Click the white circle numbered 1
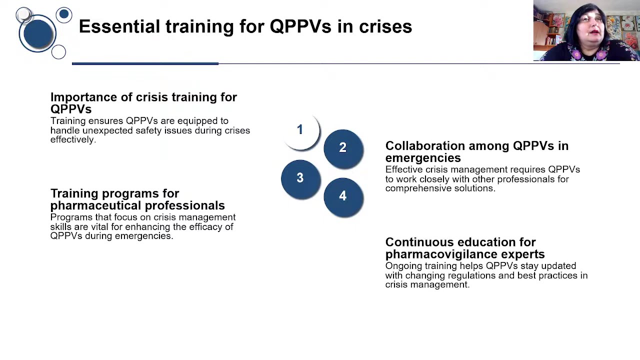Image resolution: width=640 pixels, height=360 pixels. coord(300,130)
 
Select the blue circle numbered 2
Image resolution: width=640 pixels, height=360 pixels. coord(343,148)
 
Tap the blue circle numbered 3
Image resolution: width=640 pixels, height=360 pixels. coord(300,178)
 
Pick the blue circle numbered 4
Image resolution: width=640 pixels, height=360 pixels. coord(343,196)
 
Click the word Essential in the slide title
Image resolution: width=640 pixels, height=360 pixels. coord(119,26)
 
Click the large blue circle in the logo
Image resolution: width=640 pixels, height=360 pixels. coord(37,33)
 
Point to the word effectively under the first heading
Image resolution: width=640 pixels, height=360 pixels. coord(72,139)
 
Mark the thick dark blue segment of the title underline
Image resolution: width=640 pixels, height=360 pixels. coord(145,63)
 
